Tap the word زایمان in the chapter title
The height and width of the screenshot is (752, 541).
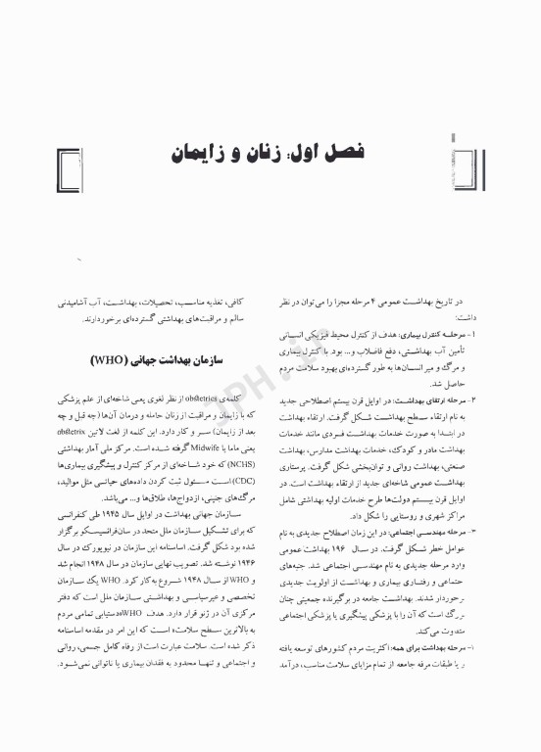coord(204,155)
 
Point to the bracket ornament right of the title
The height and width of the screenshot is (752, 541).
coord(470,158)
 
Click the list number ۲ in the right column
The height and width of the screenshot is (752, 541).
coord(453,402)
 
